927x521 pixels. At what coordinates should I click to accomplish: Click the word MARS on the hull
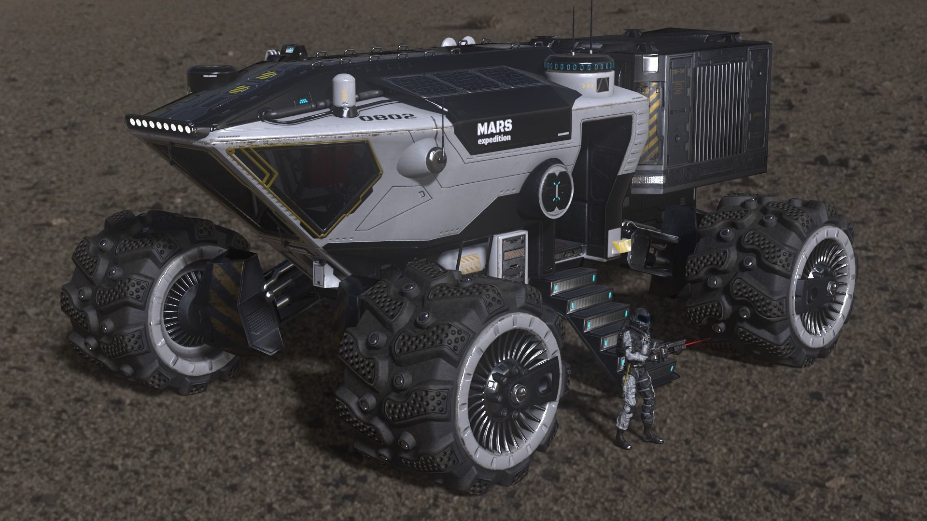click(x=494, y=128)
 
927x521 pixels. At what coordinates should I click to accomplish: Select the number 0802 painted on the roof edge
click(x=387, y=117)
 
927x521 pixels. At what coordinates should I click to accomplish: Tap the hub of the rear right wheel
click(x=815, y=289)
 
